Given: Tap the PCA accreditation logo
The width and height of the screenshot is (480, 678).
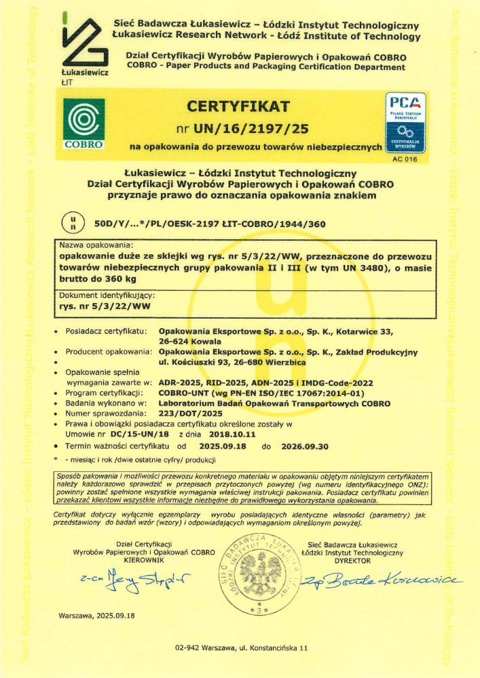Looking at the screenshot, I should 405,121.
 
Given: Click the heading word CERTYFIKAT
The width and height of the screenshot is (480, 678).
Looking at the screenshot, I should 238,106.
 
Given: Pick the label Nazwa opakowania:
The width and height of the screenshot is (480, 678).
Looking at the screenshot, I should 96,245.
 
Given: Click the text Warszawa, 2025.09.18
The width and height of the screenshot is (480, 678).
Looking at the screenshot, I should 98,616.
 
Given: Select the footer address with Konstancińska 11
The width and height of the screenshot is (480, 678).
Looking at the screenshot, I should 241,648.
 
